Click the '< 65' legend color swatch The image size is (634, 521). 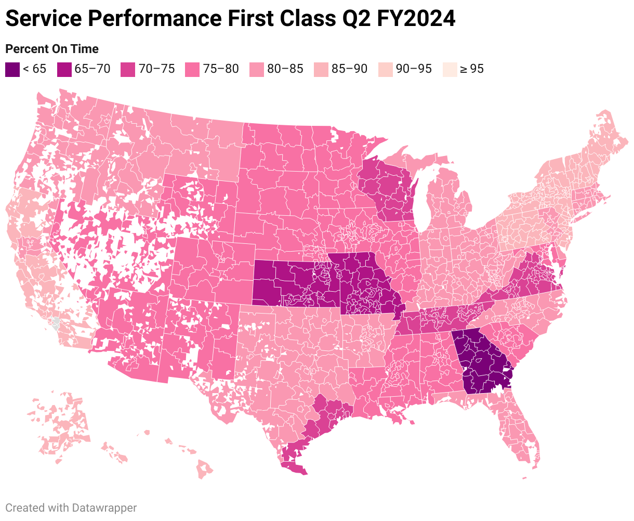point(12,69)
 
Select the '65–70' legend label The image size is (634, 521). point(93,69)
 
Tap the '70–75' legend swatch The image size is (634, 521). point(128,69)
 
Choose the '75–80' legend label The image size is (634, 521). point(221,69)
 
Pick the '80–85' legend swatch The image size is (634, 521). point(257,69)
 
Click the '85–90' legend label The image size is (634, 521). point(350,69)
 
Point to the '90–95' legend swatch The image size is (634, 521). point(385,69)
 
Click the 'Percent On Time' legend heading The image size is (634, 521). point(52,49)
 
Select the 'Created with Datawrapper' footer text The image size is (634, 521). point(71,507)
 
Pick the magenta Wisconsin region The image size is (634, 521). point(387,190)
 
